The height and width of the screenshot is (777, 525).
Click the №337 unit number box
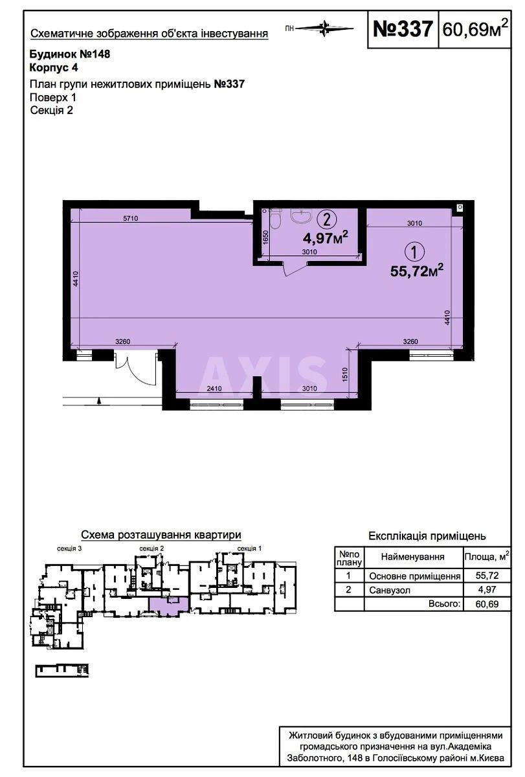coord(403,29)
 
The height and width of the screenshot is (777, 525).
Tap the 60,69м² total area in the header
coord(475,28)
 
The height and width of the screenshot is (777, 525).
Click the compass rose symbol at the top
coord(324,28)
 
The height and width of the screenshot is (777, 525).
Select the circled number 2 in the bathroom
coord(326,220)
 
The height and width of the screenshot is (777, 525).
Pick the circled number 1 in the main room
coord(414,252)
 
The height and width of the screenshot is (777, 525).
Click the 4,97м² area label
coord(325,238)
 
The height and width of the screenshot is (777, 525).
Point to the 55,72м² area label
coord(417,271)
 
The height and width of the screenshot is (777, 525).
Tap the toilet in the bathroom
coord(276,219)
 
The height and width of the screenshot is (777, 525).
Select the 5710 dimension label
coord(130,218)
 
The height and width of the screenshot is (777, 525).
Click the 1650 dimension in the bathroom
coord(266,238)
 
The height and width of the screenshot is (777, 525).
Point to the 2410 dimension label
coord(214,388)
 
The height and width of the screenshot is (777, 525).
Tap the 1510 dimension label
coord(344,375)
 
